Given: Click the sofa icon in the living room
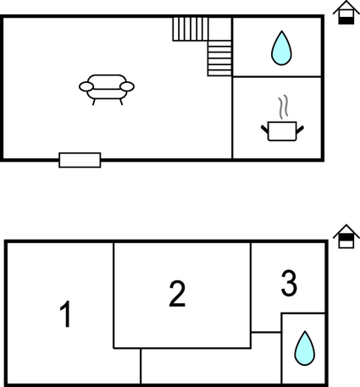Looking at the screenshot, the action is [107, 90].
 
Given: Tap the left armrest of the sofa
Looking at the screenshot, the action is [86, 86].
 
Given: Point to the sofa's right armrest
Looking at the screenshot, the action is [127, 86].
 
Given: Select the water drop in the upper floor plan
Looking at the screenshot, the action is [281, 48].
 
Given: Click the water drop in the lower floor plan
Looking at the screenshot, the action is [305, 349].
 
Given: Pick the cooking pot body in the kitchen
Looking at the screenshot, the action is [282, 131].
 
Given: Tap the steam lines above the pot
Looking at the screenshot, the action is [283, 107].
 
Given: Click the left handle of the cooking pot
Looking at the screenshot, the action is [264, 130].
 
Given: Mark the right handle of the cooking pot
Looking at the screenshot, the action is [300, 130].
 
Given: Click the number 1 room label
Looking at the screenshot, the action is [66, 314].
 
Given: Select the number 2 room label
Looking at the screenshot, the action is [177, 294].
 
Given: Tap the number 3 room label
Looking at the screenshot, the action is [289, 283].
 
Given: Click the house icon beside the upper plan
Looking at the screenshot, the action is [346, 13].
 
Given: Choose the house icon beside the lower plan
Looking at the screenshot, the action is [346, 236].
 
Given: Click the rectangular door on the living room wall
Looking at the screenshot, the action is [80, 160].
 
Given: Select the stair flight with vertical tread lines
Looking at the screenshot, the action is [191, 29].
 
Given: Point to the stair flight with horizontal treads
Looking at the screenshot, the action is [219, 58].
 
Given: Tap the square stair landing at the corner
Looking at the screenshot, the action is [220, 29].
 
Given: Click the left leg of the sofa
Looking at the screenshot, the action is [94, 102].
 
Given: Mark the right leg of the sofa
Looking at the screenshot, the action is [121, 102].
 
